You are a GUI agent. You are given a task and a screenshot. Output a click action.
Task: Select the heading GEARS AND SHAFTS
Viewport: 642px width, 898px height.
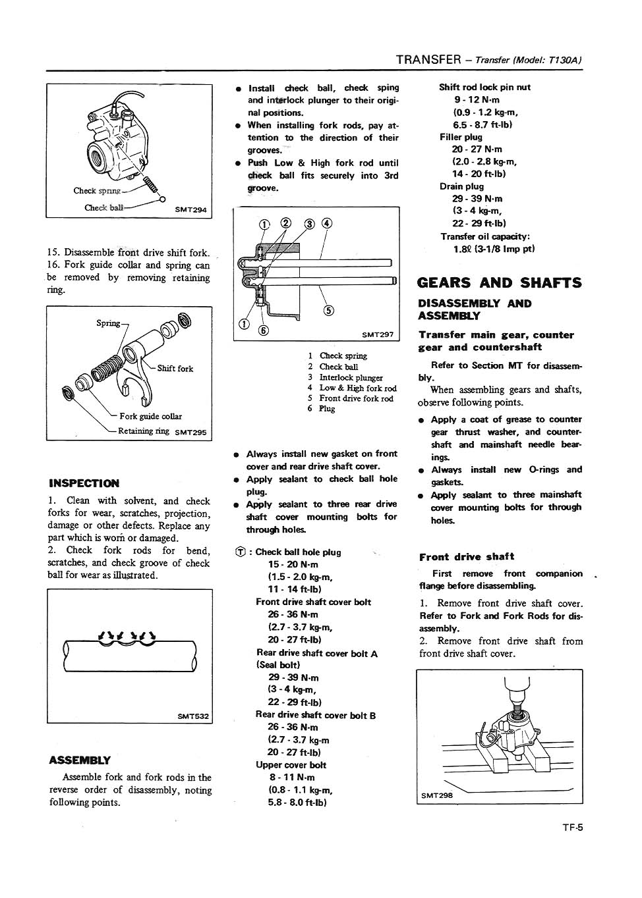coord(500,283)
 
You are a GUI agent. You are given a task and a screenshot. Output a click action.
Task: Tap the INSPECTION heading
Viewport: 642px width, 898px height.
coord(84,483)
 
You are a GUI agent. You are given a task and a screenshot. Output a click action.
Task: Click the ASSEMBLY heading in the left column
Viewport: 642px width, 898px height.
coord(80,760)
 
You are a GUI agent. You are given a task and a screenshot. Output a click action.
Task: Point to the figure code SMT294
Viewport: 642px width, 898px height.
coord(190,210)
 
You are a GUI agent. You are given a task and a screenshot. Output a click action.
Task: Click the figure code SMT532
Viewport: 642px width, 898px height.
coord(193,716)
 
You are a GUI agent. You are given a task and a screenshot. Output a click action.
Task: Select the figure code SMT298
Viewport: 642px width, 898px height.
coord(437,795)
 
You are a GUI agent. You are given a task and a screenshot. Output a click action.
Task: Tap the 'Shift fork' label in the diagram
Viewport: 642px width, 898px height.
coord(175,369)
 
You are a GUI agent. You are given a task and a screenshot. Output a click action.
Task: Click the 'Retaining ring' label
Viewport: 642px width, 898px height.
coord(144,431)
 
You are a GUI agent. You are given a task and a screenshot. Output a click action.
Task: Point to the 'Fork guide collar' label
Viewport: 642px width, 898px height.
coord(150,416)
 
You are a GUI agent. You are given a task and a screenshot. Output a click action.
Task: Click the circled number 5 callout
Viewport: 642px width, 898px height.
coord(329,310)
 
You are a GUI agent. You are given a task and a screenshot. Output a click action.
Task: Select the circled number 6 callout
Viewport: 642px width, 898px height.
coord(263,330)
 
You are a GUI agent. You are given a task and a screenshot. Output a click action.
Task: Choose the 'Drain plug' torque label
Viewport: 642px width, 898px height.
coord(461,186)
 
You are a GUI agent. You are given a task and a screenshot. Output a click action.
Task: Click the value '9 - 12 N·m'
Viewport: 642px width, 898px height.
coord(477,99)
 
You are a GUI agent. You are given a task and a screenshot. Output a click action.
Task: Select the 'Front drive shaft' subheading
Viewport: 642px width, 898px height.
coord(467,556)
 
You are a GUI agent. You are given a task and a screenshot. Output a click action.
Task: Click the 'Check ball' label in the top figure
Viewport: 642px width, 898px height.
coord(103,208)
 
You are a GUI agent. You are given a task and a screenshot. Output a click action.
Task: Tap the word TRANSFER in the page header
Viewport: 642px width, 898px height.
coord(428,60)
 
